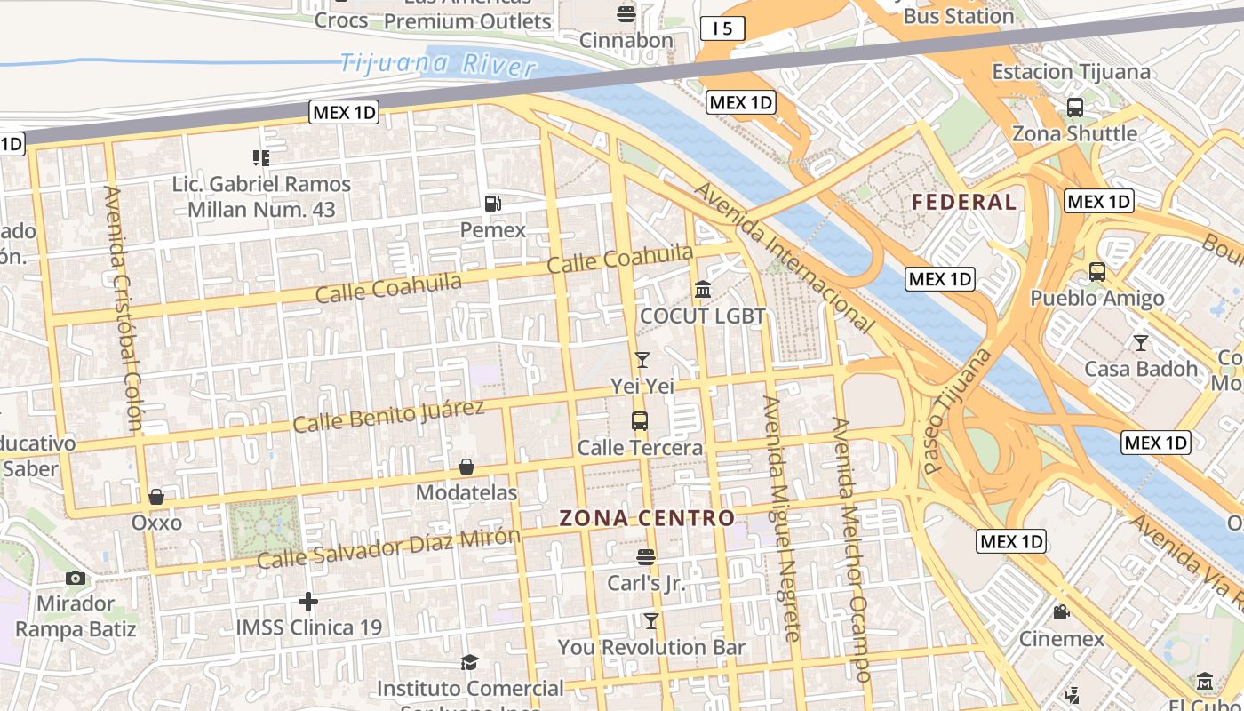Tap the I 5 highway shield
pyautogui.click(x=722, y=29)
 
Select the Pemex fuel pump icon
pyautogui.click(x=493, y=204)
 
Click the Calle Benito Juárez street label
pyautogui.click(x=388, y=416)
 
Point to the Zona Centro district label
pyautogui.click(x=647, y=518)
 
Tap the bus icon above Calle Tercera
pyautogui.click(x=640, y=421)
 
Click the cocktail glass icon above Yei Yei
pyautogui.click(x=642, y=359)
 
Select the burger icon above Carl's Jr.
pyautogui.click(x=646, y=557)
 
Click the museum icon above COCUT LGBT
pyautogui.click(x=703, y=290)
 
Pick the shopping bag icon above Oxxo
pyautogui.click(x=156, y=496)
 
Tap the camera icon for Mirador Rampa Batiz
pyautogui.click(x=76, y=578)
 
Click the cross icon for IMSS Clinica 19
pyautogui.click(x=308, y=602)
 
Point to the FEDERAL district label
pyautogui.click(x=964, y=202)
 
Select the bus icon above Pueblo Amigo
pyautogui.click(x=1097, y=272)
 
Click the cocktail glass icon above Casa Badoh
pyautogui.click(x=1141, y=342)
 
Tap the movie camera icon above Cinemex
pyautogui.click(x=1061, y=611)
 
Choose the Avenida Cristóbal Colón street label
pyautogui.click(x=124, y=308)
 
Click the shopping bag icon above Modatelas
pyautogui.click(x=466, y=467)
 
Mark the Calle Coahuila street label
pyautogui.click(x=505, y=273)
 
